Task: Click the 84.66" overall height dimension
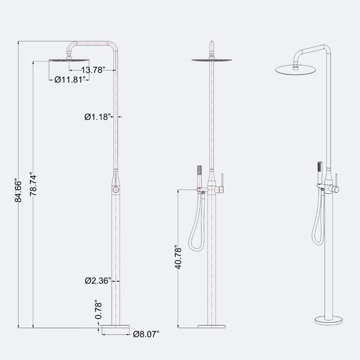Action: click(18, 190)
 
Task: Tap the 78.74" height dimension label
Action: click(33, 184)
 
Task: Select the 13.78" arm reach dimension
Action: click(93, 70)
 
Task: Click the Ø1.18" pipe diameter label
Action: click(98, 117)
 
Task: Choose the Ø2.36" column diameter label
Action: click(98, 281)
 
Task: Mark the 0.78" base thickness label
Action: click(98, 309)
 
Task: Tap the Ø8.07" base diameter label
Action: click(146, 334)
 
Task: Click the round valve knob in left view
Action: click(116, 190)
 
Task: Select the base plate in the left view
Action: click(116, 326)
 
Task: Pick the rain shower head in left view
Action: click(69, 60)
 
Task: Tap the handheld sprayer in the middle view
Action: click(200, 176)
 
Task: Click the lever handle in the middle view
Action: click(222, 183)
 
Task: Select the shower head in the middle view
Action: click(212, 60)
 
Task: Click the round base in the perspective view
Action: click(329, 320)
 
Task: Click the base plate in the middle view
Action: click(212, 326)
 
